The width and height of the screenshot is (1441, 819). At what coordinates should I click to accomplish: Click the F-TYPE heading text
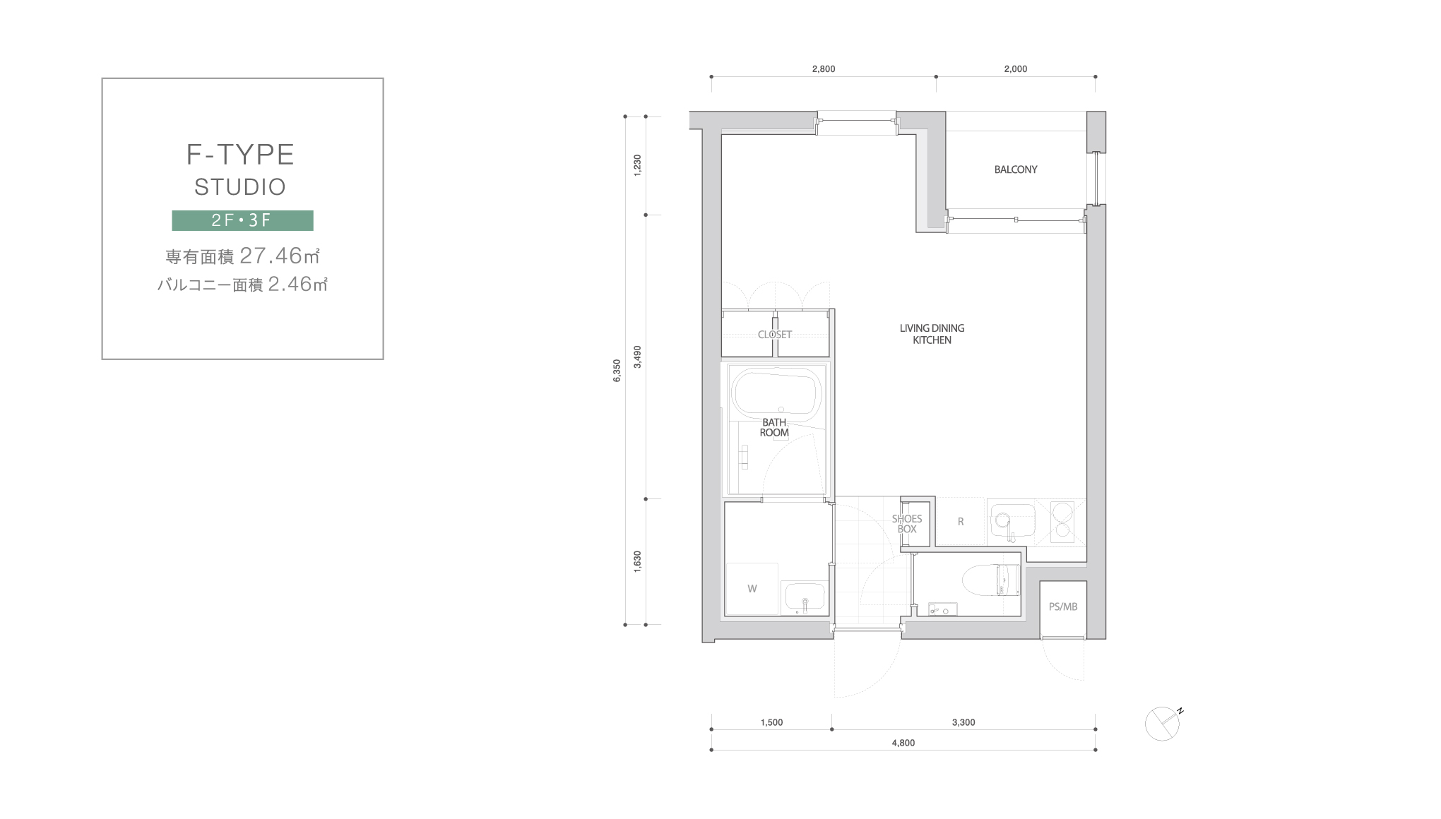point(240,155)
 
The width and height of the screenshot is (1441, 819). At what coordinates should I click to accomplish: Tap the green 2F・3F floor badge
point(242,220)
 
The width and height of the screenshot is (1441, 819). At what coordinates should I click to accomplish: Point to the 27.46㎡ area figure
point(280,255)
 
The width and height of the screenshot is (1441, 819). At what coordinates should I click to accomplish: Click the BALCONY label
point(1016,169)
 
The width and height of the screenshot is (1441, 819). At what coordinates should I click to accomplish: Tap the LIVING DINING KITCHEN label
point(932,334)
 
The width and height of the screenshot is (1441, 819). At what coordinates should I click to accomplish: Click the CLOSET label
point(775,335)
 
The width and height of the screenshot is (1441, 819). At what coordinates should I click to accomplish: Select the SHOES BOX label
point(907,524)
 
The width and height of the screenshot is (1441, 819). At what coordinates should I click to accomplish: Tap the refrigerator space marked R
point(961,522)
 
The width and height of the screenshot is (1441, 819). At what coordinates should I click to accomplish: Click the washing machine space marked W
point(752,589)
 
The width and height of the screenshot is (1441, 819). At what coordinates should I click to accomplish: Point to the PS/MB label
point(1063,606)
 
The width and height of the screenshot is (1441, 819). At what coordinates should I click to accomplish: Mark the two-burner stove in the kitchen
point(1062,522)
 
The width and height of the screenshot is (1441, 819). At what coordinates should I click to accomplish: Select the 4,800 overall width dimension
point(903,743)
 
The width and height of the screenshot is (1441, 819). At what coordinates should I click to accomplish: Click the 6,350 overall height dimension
point(617,371)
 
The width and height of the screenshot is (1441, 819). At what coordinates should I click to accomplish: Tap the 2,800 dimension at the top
point(824,69)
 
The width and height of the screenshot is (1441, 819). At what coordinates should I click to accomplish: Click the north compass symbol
point(1163,723)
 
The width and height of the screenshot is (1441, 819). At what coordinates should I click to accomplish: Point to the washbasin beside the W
point(804,598)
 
